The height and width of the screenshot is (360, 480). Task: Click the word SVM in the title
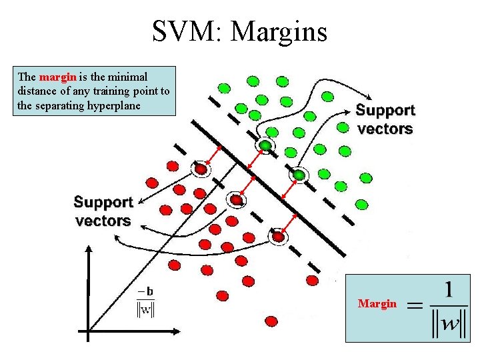click(179, 31)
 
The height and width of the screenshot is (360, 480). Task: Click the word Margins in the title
click(278, 31)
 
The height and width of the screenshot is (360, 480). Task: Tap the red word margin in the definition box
click(58, 77)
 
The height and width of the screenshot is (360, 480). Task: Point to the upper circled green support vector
click(265, 145)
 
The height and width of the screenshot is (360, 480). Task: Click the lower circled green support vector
click(299, 175)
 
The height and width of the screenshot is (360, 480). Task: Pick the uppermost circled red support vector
click(200, 169)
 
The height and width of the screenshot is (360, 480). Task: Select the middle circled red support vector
click(236, 199)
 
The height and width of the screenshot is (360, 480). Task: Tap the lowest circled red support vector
click(278, 235)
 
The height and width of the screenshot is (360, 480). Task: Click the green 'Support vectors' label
click(385, 119)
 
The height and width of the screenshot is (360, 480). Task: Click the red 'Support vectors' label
click(103, 211)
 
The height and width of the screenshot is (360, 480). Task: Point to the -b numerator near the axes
click(145, 291)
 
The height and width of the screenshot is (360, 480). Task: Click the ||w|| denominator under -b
click(145, 309)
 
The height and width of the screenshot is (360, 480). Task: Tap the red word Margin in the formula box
click(377, 303)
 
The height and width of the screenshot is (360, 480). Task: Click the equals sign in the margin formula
click(415, 306)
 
